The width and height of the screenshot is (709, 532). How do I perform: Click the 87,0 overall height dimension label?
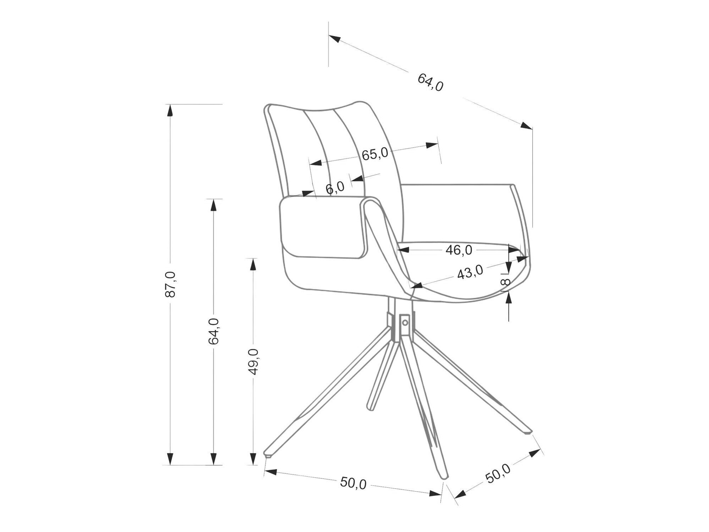click(171, 284)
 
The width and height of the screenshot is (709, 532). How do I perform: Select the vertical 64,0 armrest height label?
click(214, 331)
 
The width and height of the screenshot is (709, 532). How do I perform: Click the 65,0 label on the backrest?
click(375, 154)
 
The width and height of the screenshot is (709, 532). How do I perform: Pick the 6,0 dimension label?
click(335, 188)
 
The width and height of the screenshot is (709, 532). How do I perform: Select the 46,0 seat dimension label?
click(459, 250)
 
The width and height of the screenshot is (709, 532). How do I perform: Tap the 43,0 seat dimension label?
click(470, 272)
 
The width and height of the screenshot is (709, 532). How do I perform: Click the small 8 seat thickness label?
click(506, 282)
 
